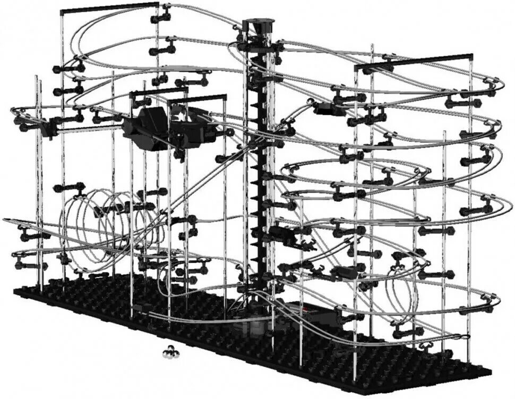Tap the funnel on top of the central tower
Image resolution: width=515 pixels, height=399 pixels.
(259, 25)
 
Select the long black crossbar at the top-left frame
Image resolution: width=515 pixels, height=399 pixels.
(109, 7)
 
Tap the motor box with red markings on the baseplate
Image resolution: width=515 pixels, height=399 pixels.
(308, 313)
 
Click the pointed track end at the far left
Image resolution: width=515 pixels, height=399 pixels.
(5, 219)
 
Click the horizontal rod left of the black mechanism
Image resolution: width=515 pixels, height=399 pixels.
(90, 128)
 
